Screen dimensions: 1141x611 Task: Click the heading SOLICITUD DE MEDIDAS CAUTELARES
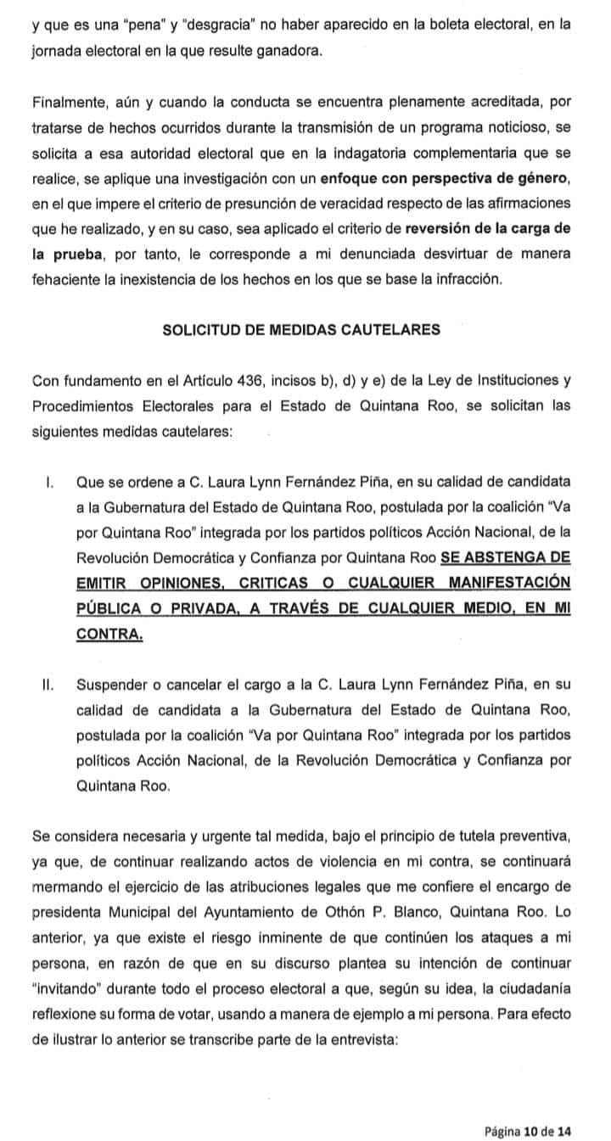301,330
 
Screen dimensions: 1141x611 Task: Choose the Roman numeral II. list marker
48,685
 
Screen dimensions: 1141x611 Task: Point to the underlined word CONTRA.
109,635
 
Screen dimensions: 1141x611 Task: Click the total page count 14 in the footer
564,1108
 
